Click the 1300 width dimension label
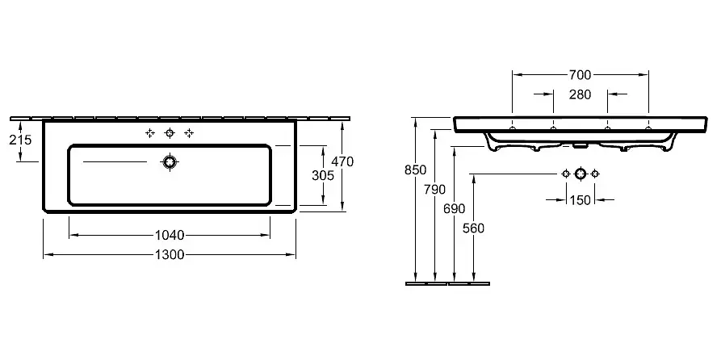pyautogui.click(x=170, y=255)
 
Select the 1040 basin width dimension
pyautogui.click(x=170, y=235)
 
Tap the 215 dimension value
pyautogui.click(x=19, y=140)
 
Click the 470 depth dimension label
pyautogui.click(x=343, y=161)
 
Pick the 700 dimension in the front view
pyautogui.click(x=580, y=74)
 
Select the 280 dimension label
pyautogui.click(x=580, y=94)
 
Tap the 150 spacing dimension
pyautogui.click(x=580, y=199)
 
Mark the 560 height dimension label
pyautogui.click(x=475, y=228)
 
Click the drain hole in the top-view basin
pyautogui.click(x=170, y=162)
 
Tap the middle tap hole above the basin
pyautogui.click(x=170, y=133)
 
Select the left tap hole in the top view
pyautogui.click(x=150, y=133)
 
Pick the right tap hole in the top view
pyautogui.click(x=189, y=133)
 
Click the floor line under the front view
pyautogui.click(x=448, y=283)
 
